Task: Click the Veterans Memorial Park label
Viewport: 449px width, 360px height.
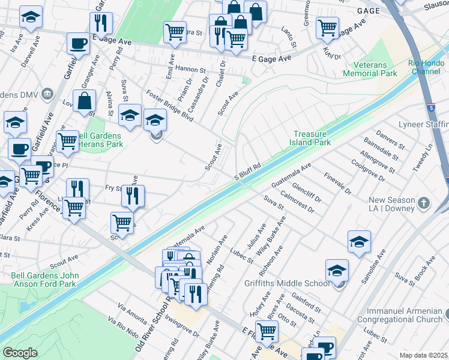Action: click(x=370, y=69)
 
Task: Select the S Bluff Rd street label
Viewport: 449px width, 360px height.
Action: click(x=247, y=170)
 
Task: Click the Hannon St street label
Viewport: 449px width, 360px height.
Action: click(x=190, y=70)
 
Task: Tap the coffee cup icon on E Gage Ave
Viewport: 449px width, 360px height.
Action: click(x=79, y=43)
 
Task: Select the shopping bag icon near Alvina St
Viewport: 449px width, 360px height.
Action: click(x=85, y=100)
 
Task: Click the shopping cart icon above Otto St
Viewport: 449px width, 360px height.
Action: click(x=266, y=330)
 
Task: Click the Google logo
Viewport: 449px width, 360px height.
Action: click(x=20, y=353)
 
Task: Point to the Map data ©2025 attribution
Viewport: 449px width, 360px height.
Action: click(x=423, y=355)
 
